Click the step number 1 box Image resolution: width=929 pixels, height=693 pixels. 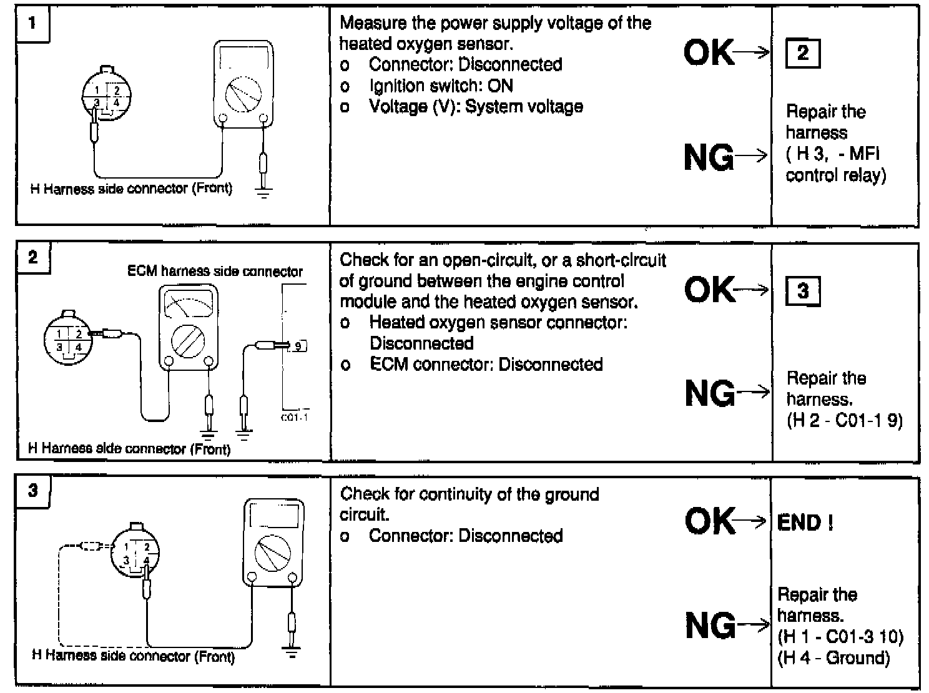click(x=32, y=24)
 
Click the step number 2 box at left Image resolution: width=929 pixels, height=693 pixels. click(x=32, y=258)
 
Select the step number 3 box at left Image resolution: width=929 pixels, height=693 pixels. click(x=32, y=491)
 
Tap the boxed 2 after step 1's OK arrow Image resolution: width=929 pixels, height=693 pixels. click(x=802, y=53)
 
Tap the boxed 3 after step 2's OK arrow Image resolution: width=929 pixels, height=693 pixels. click(x=803, y=291)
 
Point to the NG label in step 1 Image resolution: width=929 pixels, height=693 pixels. click(x=709, y=157)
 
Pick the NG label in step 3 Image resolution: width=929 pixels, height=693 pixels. click(x=710, y=624)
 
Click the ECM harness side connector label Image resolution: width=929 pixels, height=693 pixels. click(x=215, y=272)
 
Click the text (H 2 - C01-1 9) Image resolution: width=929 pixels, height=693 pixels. click(x=844, y=421)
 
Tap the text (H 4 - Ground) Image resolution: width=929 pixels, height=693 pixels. click(x=833, y=657)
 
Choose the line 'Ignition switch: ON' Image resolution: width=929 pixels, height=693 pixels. click(x=441, y=86)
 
